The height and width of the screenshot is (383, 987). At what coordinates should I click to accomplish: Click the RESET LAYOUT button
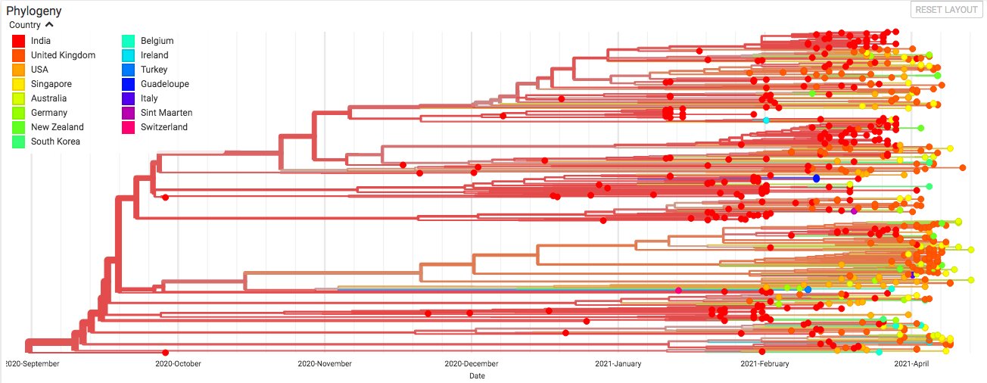point(945,10)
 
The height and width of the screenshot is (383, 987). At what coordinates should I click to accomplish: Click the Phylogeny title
point(33,11)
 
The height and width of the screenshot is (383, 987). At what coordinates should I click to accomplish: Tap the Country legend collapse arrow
point(50,24)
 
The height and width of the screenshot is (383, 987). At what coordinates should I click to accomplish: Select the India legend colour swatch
point(19,41)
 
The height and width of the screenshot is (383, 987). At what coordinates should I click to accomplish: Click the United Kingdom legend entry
point(63,55)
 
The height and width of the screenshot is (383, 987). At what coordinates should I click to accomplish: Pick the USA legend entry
point(39,70)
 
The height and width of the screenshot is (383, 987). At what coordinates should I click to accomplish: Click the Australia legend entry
point(48,98)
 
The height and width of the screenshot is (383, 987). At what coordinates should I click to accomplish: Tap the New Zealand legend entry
point(57,127)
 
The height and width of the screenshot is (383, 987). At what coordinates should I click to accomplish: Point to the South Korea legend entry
point(55,142)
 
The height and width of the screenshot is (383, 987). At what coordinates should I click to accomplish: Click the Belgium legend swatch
point(129,41)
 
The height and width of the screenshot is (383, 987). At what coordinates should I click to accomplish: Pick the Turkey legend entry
point(154,70)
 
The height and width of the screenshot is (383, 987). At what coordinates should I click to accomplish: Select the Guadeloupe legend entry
point(164,84)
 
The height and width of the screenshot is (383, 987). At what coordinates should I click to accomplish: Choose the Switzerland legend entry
point(163,127)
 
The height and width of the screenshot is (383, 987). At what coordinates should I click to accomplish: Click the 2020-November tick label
point(323,363)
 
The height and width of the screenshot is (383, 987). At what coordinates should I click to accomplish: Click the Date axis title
point(477,375)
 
